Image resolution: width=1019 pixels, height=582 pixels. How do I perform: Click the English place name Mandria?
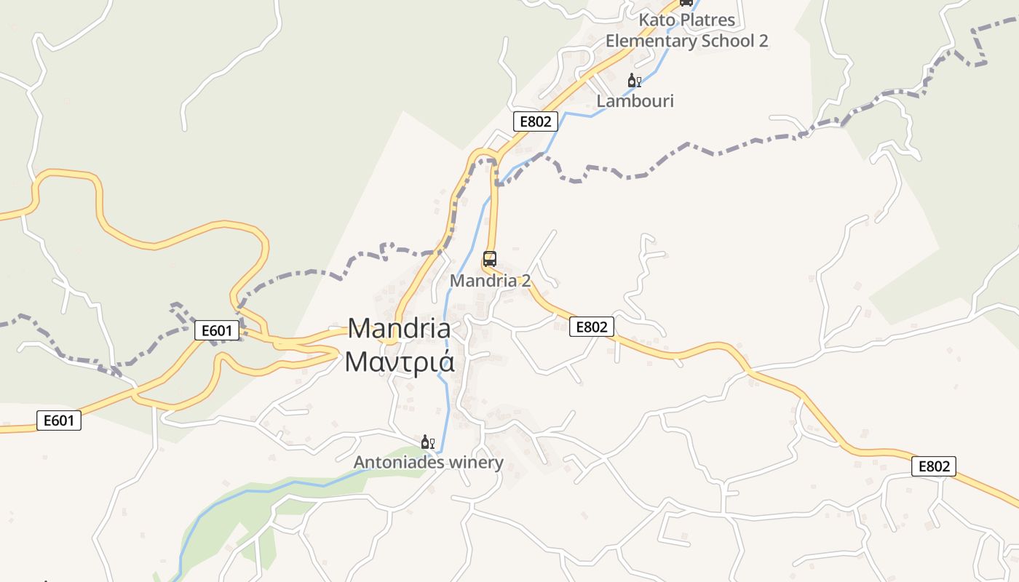(x=399, y=329)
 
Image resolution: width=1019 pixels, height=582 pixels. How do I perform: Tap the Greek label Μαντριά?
(x=399, y=362)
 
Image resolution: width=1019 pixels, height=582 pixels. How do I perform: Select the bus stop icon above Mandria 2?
(x=490, y=259)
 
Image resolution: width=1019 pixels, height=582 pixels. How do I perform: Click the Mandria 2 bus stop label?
(x=490, y=280)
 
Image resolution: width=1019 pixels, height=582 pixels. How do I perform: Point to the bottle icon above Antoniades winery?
(x=425, y=442)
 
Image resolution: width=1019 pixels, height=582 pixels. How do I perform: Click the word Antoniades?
(x=397, y=463)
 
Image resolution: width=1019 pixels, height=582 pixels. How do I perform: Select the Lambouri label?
(x=635, y=101)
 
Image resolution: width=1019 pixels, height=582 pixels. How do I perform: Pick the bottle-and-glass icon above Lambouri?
(x=634, y=81)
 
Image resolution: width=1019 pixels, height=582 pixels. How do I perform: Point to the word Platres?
(x=708, y=20)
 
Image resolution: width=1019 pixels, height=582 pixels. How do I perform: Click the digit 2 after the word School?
(x=763, y=41)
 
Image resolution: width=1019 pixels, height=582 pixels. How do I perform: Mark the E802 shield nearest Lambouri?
(x=536, y=121)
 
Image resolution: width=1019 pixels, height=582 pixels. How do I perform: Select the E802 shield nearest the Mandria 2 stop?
(x=591, y=327)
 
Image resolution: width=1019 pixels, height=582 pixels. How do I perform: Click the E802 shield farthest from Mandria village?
(x=933, y=466)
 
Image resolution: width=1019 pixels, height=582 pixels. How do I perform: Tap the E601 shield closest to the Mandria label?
(x=217, y=331)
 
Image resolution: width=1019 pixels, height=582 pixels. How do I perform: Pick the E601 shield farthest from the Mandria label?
(x=59, y=420)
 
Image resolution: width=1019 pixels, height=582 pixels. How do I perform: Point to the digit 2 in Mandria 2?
(x=526, y=280)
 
